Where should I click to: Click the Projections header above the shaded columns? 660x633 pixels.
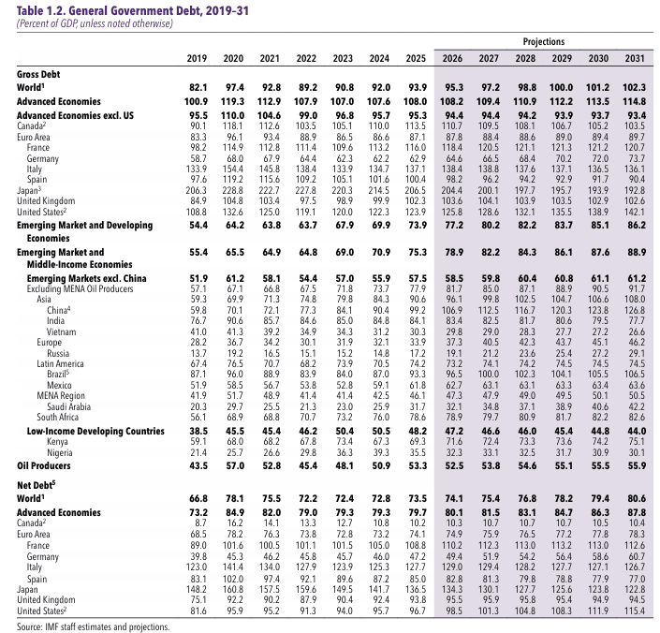coord(543,41)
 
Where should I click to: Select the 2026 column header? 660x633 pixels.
coord(452,58)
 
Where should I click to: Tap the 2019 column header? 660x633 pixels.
coord(197,58)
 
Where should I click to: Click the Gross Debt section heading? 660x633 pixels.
coord(38,75)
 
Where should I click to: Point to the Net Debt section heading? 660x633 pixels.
coord(37,485)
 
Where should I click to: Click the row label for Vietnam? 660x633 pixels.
coord(62,331)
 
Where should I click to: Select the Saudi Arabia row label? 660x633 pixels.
coord(68,406)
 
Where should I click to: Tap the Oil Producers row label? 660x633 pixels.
coord(44,465)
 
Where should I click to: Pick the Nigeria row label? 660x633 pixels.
coord(60,452)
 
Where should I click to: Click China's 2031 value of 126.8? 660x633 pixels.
coord(635,310)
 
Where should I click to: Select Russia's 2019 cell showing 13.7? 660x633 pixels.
coord(198,353)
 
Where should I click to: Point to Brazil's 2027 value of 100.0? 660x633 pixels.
coord(489,374)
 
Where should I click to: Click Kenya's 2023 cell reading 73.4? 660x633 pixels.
coord(345,441)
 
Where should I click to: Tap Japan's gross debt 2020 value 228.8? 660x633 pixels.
coord(233,190)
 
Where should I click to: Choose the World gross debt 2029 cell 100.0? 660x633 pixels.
coord(561,87)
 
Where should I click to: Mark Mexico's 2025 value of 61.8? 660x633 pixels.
coord(418,385)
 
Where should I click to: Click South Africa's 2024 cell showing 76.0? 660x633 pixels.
coord(381,417)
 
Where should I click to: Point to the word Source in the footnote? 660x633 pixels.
coord(29,626)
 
